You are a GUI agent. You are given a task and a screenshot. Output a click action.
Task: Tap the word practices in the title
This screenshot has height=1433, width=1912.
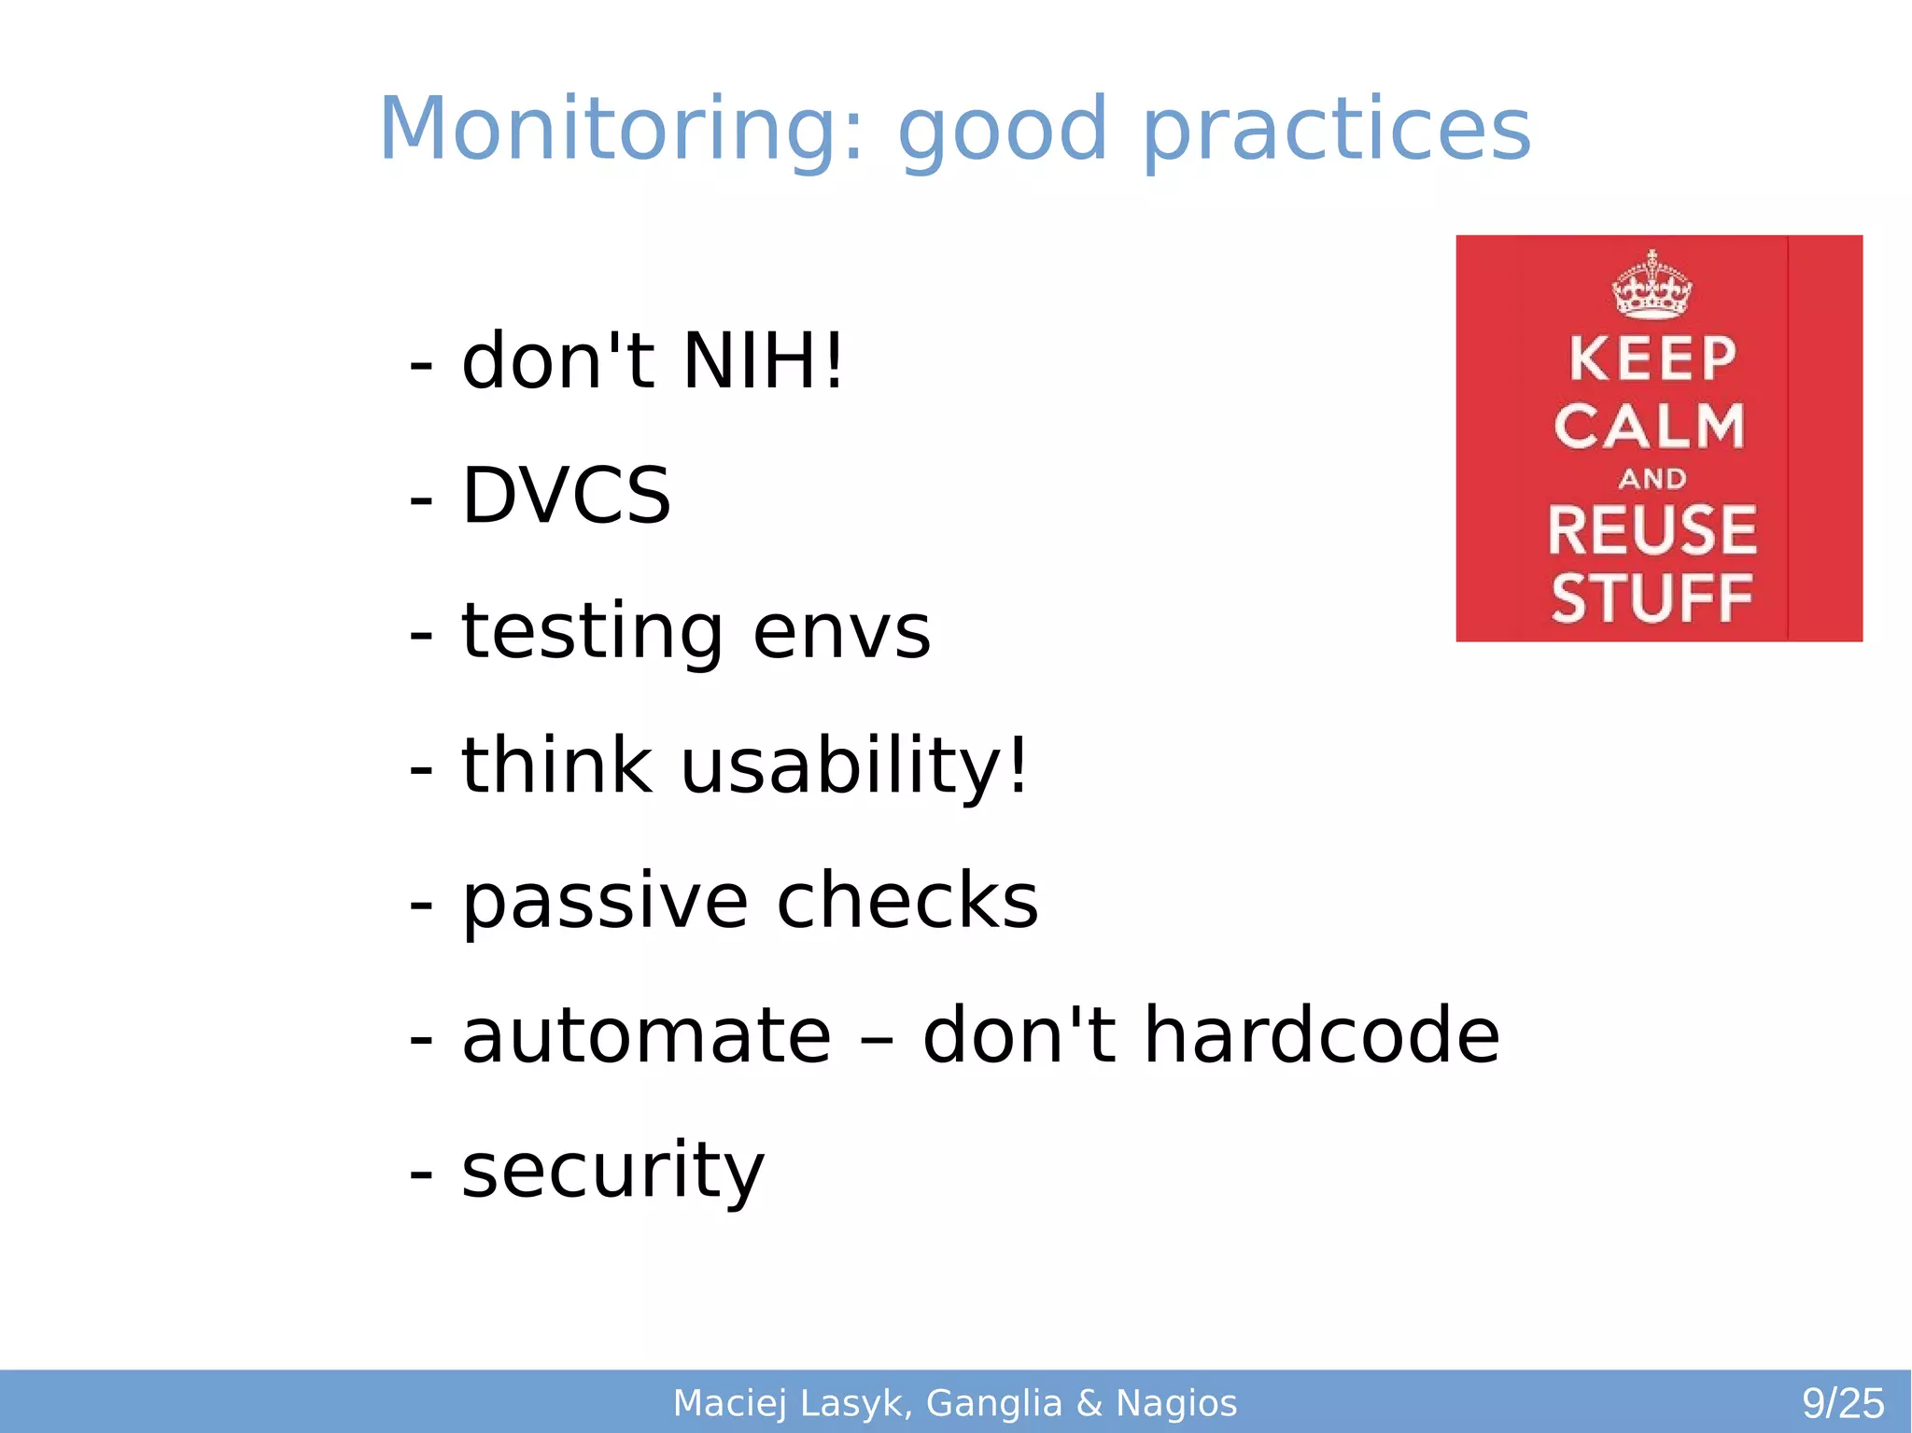coord(1336,130)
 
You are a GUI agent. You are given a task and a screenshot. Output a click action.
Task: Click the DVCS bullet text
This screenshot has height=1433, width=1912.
coord(566,496)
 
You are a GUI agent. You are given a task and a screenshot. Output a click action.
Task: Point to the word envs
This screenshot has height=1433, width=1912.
coord(841,632)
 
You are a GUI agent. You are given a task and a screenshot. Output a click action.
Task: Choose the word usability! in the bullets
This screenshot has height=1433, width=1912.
coord(853,766)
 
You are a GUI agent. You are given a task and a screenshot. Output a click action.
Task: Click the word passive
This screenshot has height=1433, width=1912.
coord(605,902)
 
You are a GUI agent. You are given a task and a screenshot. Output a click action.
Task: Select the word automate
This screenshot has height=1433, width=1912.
coord(646,1035)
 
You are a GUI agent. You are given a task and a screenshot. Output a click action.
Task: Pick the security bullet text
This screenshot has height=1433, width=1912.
coord(612,1171)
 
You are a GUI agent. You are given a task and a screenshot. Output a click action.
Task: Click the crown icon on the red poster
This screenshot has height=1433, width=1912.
coord(1652,286)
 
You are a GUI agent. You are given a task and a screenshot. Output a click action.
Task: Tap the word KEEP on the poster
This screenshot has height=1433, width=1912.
coord(1652,359)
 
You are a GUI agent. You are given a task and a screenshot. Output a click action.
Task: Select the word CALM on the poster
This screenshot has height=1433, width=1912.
coord(1650,427)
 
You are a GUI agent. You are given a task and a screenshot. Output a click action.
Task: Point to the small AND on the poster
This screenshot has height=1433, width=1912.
coord(1652,479)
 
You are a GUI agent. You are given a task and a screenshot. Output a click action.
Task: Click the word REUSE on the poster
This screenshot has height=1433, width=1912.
coord(1652,529)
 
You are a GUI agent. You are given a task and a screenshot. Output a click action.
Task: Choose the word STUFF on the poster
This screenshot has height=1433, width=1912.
coord(1652,598)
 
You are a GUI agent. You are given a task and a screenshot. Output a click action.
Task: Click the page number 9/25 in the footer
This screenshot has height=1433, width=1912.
coord(1842,1403)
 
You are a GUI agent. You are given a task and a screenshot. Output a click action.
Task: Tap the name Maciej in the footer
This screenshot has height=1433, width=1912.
coord(731,1403)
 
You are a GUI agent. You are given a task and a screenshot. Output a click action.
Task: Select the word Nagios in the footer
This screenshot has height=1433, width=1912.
coord(1176,1403)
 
